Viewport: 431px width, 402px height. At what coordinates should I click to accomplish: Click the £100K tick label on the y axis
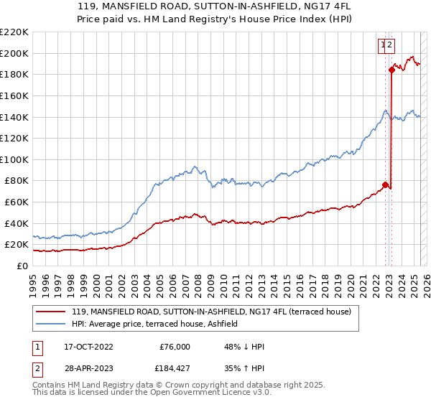tap(14, 159)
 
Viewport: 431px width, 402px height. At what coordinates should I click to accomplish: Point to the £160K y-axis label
tap(14, 95)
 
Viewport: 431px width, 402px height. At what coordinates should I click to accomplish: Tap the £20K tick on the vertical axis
tap(17, 245)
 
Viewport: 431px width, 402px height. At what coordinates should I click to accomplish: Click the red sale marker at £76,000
tap(386, 185)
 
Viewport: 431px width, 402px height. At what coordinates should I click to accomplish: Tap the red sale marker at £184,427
tap(392, 70)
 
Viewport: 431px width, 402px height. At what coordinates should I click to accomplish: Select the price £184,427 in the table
tap(175, 371)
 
